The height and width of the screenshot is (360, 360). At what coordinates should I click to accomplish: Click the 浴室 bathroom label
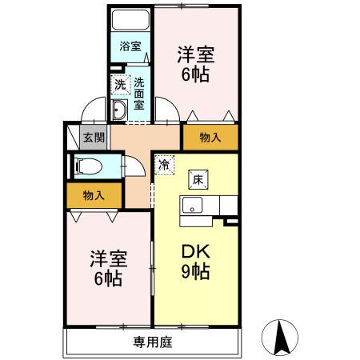click(130, 46)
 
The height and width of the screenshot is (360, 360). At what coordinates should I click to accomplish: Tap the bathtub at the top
click(130, 19)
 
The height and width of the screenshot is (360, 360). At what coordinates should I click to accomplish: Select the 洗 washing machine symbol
click(118, 83)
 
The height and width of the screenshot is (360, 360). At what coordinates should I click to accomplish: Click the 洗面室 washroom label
click(138, 94)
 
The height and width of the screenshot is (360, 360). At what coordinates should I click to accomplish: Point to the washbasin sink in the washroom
click(120, 110)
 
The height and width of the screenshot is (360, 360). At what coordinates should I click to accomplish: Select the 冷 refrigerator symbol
click(164, 166)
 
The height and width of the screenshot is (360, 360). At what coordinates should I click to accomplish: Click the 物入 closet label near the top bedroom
click(210, 138)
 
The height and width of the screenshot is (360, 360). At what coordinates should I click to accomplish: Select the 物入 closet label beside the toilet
click(94, 194)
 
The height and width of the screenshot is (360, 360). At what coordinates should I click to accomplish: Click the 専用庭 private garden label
click(152, 342)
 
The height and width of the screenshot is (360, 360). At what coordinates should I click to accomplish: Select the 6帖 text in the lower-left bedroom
click(106, 279)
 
